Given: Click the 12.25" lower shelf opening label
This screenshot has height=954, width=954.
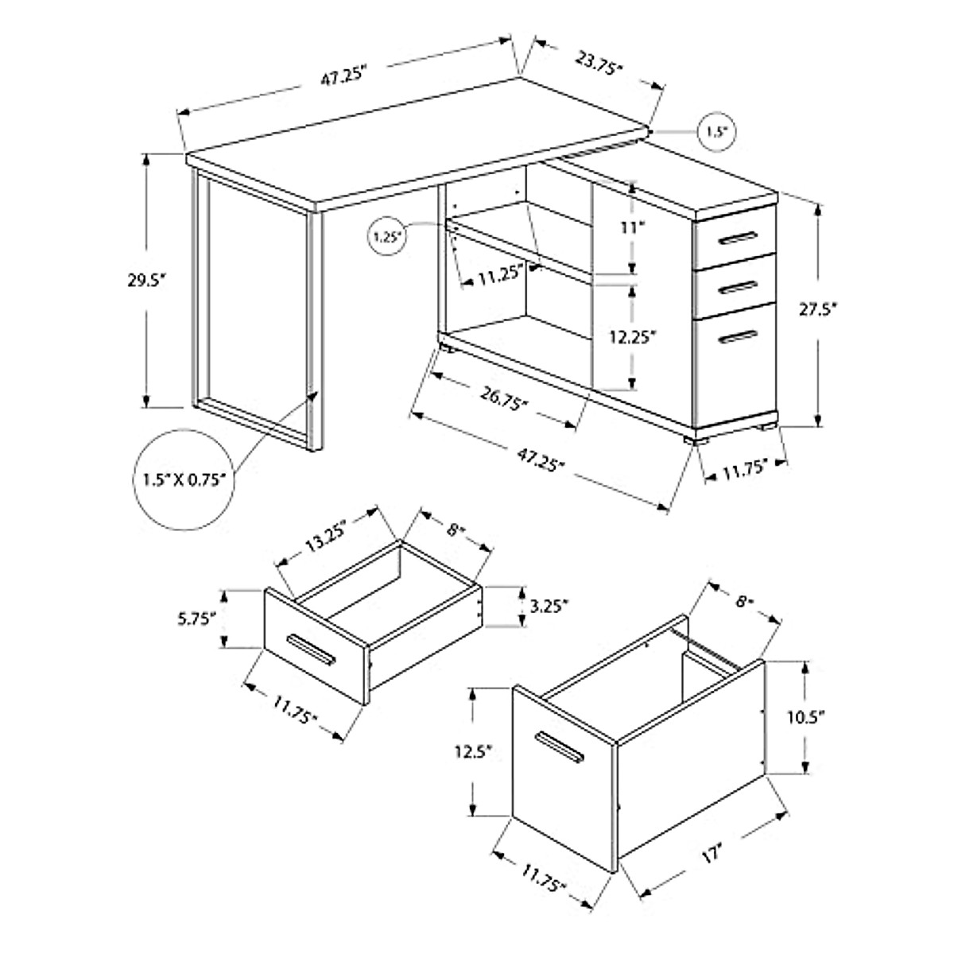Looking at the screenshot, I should (632, 337).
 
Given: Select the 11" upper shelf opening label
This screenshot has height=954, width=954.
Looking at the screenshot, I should (631, 228).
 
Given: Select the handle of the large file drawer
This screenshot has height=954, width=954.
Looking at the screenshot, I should (559, 750).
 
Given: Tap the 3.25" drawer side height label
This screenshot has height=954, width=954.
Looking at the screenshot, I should (549, 607).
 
